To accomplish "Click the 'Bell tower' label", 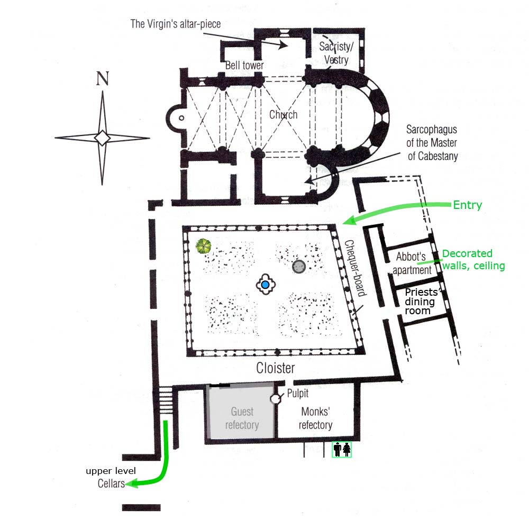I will coord(244,66).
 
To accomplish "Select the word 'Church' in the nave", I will coord(283,114).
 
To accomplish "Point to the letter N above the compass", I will coord(103,79).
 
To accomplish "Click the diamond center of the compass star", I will coord(102,138).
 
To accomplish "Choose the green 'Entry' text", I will coord(468,205).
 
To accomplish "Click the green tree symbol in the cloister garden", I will coord(204,246).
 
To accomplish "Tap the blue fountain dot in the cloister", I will coord(266,285).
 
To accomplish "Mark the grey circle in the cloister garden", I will coord(299,267).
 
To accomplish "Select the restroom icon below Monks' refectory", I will coord(342,449).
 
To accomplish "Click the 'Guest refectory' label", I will coord(242,418).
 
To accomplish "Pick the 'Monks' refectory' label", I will coord(316,418).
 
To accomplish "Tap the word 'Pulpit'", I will coord(298,394).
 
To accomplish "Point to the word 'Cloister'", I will coord(275,368).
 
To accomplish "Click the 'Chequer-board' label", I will coord(355,275).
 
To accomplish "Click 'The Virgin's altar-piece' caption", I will coord(176,24).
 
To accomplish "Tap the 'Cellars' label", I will coord(112,483).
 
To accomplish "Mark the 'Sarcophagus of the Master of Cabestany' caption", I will coord(432,142).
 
